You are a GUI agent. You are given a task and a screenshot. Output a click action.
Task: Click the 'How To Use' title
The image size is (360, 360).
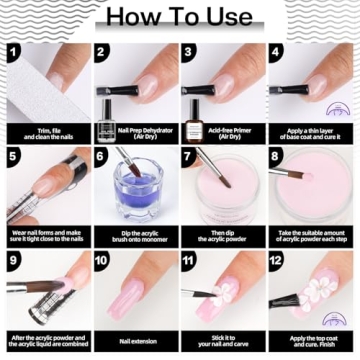point(179,16)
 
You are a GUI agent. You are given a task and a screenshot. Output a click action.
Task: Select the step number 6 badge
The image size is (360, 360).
point(102,156)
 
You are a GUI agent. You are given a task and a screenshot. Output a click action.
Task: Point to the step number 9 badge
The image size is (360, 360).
point(14,262)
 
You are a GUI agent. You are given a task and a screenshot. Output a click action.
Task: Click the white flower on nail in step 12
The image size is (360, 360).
point(318,295)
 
